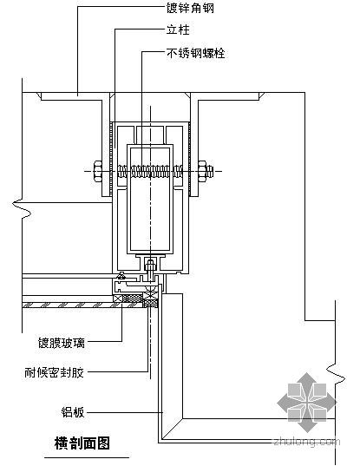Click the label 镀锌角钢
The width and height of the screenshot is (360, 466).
pos(190,8)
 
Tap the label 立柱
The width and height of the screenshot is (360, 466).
pos(178,30)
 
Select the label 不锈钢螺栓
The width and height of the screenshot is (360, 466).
pos(196,53)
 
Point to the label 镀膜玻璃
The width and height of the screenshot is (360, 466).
pos(62,343)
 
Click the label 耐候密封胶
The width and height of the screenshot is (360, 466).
pos(54,372)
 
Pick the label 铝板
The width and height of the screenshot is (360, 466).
pos(73,412)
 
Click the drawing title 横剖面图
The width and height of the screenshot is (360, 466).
pos(82,443)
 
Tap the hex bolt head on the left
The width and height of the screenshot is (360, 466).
pos(98,171)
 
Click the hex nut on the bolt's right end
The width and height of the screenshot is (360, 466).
pos(202,171)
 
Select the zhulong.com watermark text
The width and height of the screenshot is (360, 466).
pos(307,442)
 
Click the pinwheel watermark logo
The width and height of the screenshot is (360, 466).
pos(307,403)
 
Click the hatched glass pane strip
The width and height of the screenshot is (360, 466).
pos(68,305)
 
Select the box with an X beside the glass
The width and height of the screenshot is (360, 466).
pos(117,299)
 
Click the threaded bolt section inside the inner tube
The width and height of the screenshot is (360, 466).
pos(150,172)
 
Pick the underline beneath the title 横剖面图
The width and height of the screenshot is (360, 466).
pos(87,457)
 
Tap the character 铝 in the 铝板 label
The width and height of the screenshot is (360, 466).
pos(67,412)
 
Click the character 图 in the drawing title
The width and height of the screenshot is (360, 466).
pos(104,443)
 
